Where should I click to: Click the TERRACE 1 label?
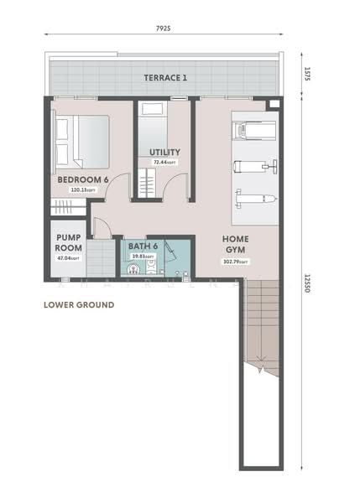coord(165,78)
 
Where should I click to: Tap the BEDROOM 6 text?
coord(83,180)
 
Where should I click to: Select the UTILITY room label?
coord(165,152)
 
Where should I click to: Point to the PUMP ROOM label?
coord(68,243)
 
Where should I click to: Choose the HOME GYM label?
coord(236,244)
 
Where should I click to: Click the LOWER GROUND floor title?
coord(79,305)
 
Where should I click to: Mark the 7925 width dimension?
coord(164,29)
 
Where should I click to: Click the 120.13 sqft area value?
coord(82,190)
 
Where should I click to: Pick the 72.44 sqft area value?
coord(165,162)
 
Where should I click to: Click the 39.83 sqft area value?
coord(143,257)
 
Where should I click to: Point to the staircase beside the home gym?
coord(259,327)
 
